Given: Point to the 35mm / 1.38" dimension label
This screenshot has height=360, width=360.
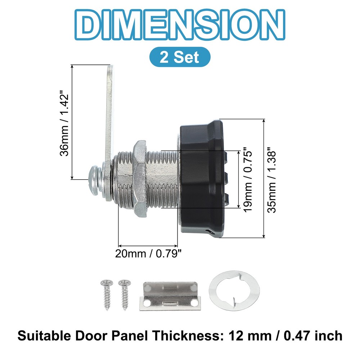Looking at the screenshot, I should coord(273,179).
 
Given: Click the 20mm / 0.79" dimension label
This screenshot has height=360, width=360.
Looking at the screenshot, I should coord(148,254).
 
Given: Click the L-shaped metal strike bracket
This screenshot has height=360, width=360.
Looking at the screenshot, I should coord(169,296).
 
